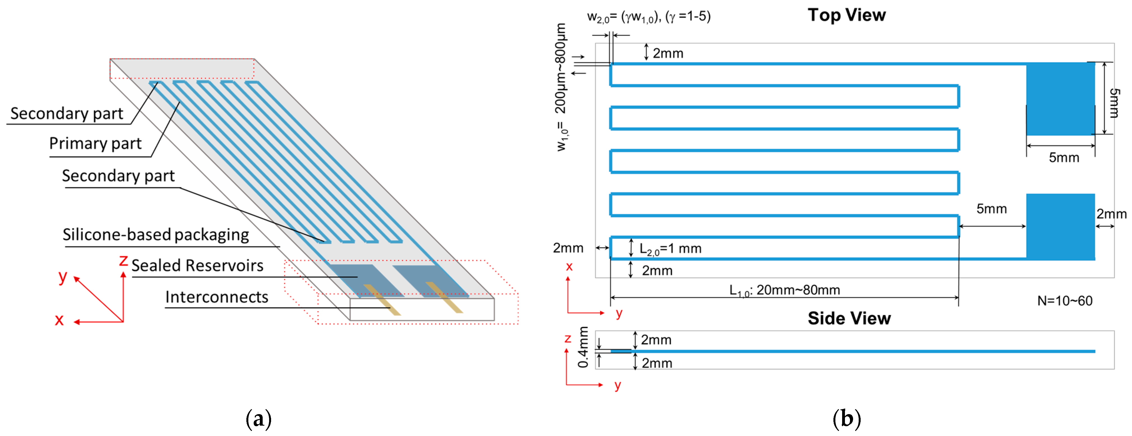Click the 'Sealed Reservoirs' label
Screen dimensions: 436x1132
[197, 266]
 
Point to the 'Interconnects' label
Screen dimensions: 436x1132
[217, 297]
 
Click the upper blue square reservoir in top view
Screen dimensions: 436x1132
[1060, 99]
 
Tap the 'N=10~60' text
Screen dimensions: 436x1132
[1064, 301]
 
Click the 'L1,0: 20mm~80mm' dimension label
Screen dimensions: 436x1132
[784, 290]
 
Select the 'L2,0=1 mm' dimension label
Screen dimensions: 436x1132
[670, 249]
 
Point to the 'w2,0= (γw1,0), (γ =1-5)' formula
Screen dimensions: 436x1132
[649, 17]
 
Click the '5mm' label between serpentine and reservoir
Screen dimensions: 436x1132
[991, 209]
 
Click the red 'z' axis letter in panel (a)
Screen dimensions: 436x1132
[123, 260]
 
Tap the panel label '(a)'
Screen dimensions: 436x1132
[258, 419]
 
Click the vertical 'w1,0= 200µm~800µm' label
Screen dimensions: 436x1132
[561, 88]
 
